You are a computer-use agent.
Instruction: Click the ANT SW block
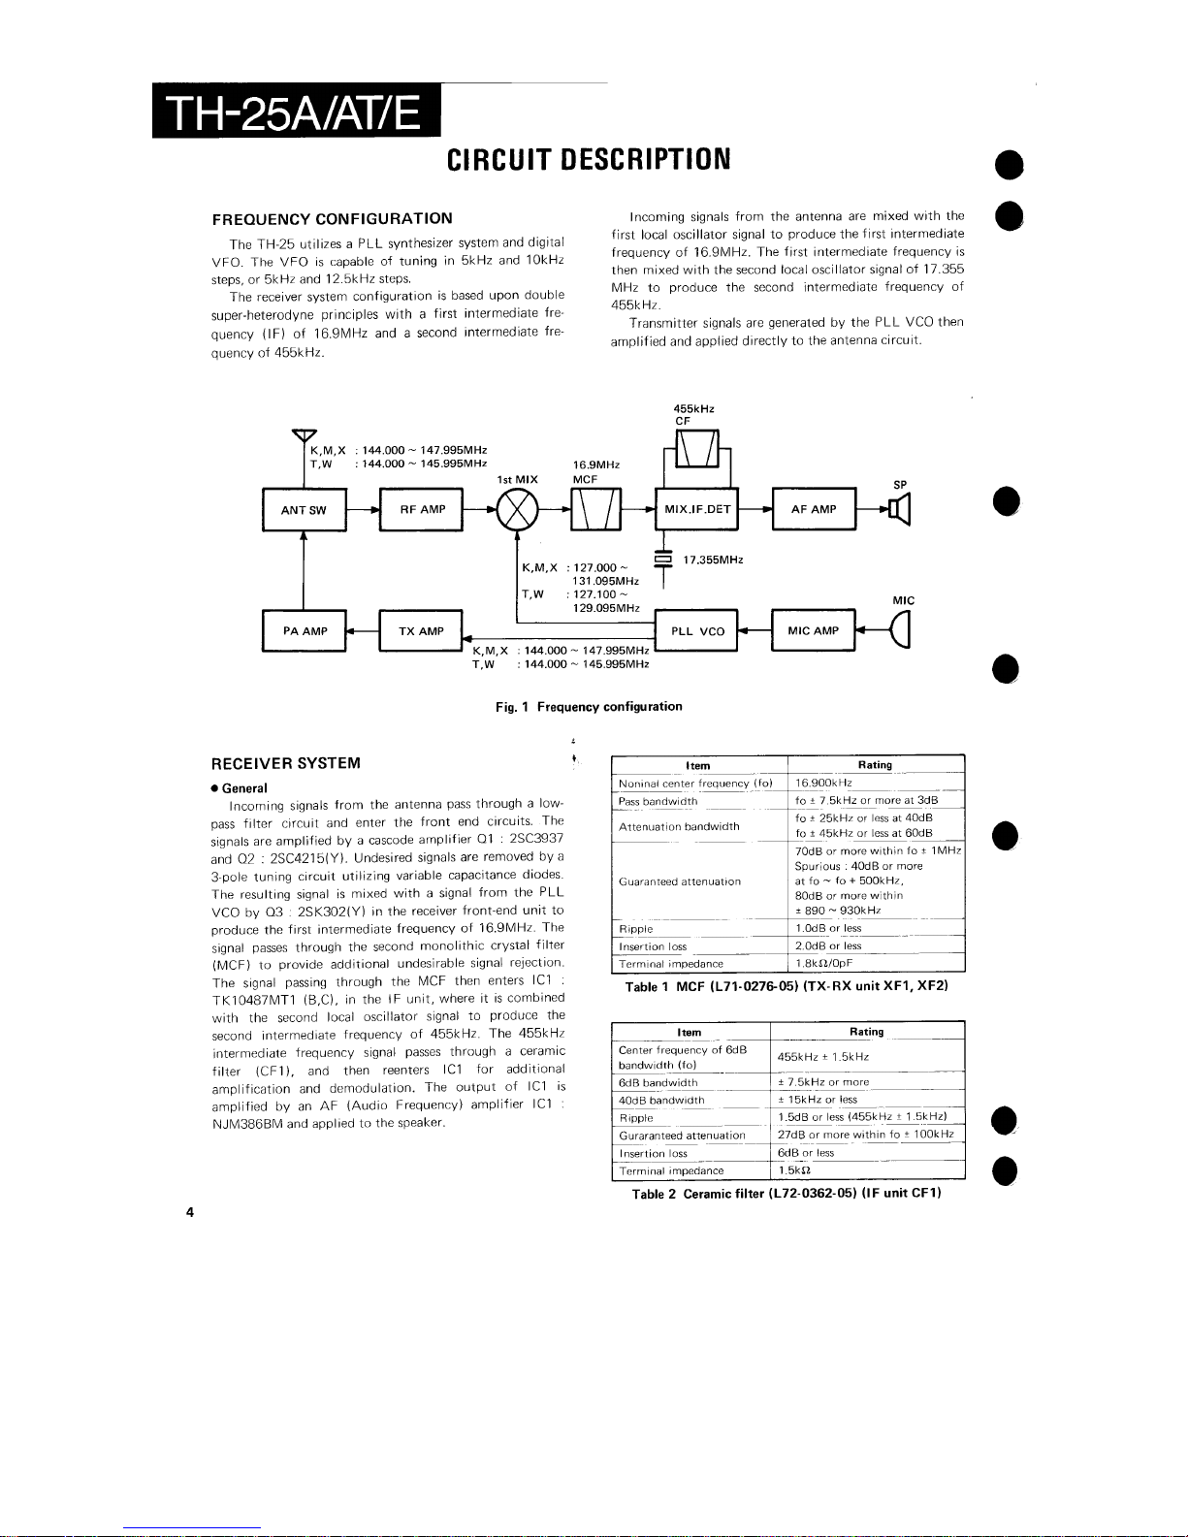[x=305, y=509]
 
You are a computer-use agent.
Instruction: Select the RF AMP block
[x=422, y=509]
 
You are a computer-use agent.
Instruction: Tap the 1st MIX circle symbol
[x=518, y=510]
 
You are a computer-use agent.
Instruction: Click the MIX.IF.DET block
[x=697, y=508]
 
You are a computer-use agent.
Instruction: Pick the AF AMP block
[x=814, y=508]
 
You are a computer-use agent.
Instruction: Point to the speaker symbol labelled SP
[x=900, y=509]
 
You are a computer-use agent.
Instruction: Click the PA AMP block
[x=305, y=631]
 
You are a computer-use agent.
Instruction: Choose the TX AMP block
[x=421, y=631]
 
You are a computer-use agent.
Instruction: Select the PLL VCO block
[x=696, y=630]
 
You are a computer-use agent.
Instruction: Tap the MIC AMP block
[x=814, y=630]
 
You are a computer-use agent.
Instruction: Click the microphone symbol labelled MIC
[x=901, y=629]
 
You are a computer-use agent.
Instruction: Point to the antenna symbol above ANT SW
[x=305, y=435]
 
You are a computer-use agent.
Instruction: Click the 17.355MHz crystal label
[x=713, y=560]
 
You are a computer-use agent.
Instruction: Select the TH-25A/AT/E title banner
[x=297, y=112]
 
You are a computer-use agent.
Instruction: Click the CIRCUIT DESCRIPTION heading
[x=589, y=160]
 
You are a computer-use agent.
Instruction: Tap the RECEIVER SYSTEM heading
[x=286, y=763]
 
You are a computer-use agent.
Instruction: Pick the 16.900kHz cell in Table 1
[x=823, y=783]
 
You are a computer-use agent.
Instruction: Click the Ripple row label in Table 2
[x=636, y=1118]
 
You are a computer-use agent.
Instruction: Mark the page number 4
[x=189, y=1212]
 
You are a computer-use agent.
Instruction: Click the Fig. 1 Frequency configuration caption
[x=589, y=707]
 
